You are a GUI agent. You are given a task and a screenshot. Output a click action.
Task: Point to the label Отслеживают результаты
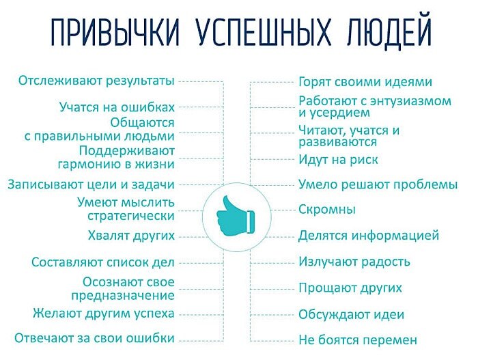coord(96,81)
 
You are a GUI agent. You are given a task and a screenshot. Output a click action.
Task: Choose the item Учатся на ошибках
coord(117,107)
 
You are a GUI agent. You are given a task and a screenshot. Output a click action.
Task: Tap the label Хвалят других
coord(131,236)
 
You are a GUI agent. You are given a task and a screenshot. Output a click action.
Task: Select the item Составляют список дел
coord(103,262)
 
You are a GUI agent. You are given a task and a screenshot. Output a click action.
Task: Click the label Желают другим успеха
coord(104,314)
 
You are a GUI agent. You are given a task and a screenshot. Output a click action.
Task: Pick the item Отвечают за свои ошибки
coord(95,338)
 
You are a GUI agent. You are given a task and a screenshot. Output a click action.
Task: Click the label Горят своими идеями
coord(365,82)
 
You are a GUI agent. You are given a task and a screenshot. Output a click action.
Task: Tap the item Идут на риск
coord(338,160)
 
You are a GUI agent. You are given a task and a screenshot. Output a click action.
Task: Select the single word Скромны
coord(327,210)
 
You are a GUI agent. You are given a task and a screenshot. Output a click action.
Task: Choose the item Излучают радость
coord(354,262)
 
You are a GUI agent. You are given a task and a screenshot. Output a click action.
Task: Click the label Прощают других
coord(350,288)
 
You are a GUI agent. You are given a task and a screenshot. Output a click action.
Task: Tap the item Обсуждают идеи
coord(352,314)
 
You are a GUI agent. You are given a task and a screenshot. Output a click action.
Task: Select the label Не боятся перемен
coord(358,340)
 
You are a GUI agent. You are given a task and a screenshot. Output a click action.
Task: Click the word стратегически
coord(131,216)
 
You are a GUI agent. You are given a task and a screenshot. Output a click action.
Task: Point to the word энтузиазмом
coord(414,101)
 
